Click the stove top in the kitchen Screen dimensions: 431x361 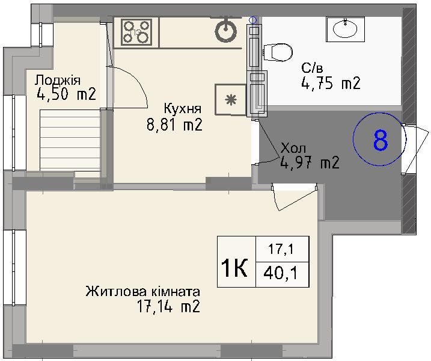136,32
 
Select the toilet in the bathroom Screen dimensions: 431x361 278,52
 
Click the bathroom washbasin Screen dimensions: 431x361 345,29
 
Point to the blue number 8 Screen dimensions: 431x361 381,140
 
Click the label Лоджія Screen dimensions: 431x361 58,81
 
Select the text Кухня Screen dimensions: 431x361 183,109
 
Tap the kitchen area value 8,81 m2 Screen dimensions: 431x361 174,125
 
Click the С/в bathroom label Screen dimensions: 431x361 312,67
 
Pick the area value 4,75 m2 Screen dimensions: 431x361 331,83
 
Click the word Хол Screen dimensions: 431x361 293,149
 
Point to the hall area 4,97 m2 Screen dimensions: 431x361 310,162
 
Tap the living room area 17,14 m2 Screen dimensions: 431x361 168,306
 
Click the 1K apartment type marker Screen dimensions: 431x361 234,268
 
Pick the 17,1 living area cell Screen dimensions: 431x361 281,249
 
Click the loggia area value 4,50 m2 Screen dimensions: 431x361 66,94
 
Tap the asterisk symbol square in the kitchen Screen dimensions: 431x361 231,100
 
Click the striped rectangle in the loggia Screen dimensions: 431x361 70,140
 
